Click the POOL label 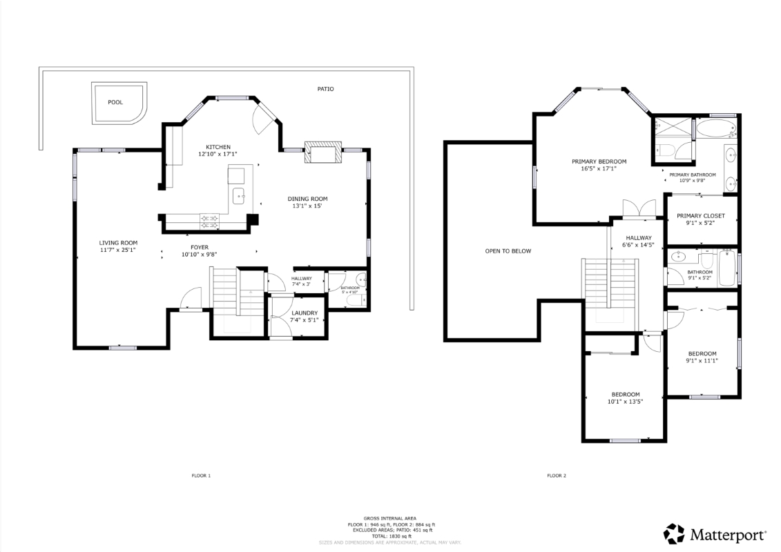115,103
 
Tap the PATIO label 326,89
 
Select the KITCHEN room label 218,148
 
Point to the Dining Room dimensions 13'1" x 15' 307,206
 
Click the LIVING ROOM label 118,244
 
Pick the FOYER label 200,248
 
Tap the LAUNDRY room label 305,313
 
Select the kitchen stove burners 209,221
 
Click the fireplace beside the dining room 324,152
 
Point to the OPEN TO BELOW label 508,251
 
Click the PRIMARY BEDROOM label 599,161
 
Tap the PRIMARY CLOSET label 701,216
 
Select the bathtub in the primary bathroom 715,128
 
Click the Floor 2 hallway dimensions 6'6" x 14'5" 639,245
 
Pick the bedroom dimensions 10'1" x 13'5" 626,402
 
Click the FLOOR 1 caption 201,476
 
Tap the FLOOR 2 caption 557,476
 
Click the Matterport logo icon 674,533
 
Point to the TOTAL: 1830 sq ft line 390,536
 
